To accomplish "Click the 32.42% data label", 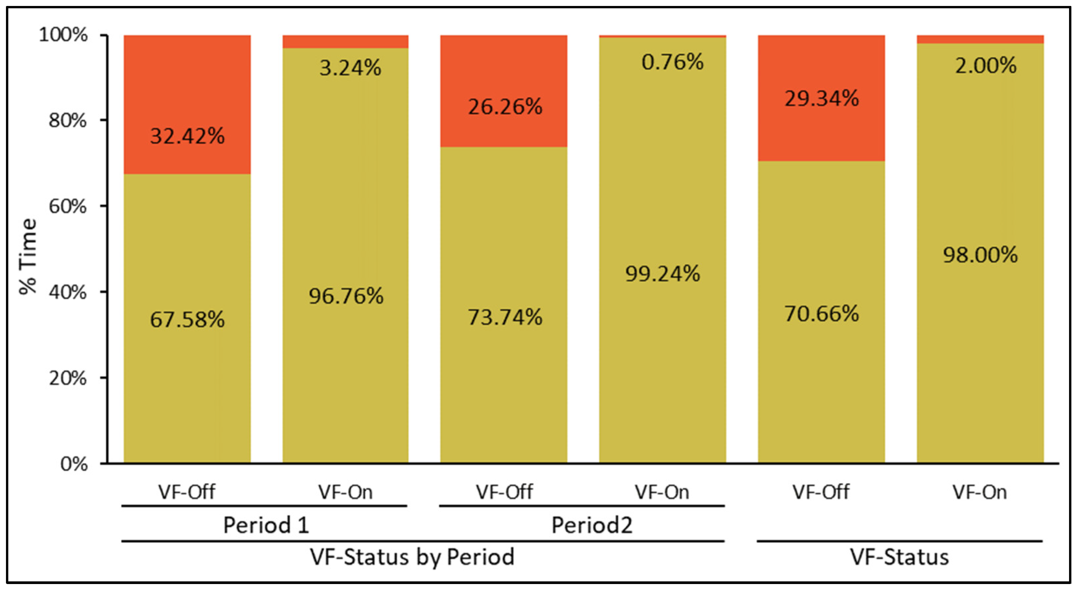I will click(187, 136).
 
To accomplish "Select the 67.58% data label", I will click(187, 320).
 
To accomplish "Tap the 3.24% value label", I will click(350, 68).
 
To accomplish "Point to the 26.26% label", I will click(505, 107).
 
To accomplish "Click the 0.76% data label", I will click(672, 62).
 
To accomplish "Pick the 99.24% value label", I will click(662, 274).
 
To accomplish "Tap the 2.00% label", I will click(985, 66).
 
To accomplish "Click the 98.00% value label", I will click(980, 255).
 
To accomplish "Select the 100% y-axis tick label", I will click(63, 34).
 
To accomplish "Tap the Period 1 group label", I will click(266, 525).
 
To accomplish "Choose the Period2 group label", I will click(591, 525).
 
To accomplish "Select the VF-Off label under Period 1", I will click(186, 492).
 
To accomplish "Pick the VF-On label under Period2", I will click(662, 492).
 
